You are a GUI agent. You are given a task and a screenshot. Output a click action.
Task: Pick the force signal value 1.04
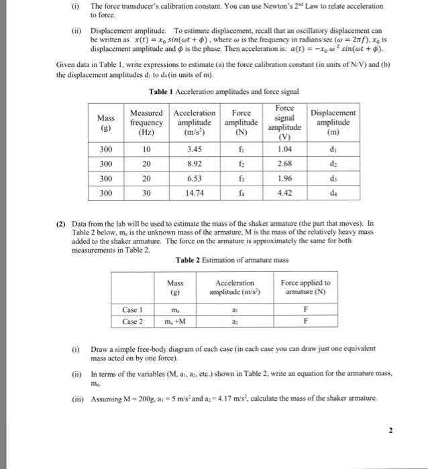284,149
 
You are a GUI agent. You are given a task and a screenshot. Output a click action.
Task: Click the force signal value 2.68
284,163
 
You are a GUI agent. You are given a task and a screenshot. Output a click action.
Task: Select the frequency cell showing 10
146,149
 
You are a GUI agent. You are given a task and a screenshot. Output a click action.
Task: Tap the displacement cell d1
333,149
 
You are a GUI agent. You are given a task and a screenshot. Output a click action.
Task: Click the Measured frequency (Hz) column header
146,123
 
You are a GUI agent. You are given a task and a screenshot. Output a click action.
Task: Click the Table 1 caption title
214,91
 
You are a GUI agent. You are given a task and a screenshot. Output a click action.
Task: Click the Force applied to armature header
305,287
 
